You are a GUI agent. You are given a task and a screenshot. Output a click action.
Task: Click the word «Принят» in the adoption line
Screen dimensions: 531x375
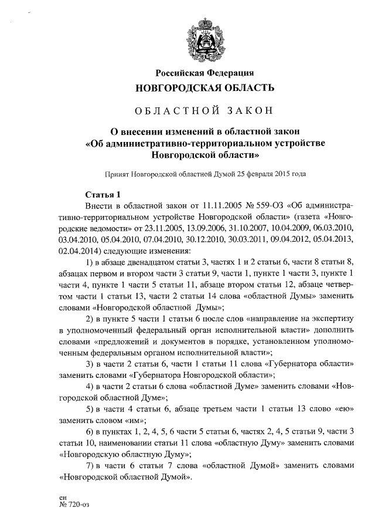tap(117, 174)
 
